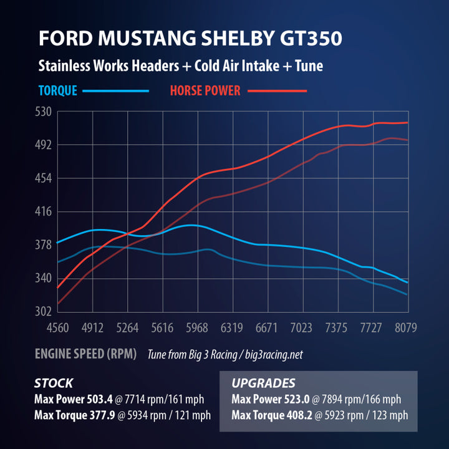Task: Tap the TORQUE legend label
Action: [58, 90]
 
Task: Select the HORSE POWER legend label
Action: [205, 90]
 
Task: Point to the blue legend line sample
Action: [116, 91]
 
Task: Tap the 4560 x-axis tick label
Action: [57, 327]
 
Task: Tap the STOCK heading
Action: [54, 383]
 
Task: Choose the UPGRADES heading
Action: [263, 383]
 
